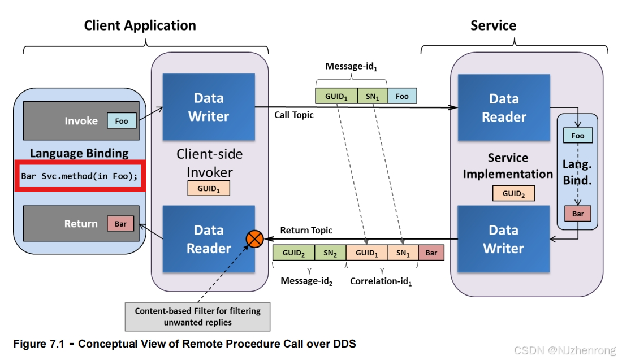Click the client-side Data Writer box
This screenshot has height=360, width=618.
(x=209, y=107)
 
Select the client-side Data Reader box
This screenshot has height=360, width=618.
(x=209, y=239)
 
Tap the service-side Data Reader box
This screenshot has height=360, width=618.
(x=503, y=107)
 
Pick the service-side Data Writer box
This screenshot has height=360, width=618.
(x=503, y=239)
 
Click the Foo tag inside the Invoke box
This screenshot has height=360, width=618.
(x=122, y=121)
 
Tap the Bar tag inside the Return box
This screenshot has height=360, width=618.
(x=120, y=224)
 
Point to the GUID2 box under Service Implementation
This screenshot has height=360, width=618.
(x=513, y=194)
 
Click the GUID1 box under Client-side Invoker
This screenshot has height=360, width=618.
(x=209, y=189)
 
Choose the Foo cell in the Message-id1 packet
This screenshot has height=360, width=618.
(x=402, y=96)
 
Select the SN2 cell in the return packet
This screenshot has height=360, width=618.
(x=330, y=253)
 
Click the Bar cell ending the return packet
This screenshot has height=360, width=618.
(x=431, y=253)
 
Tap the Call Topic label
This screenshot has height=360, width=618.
(x=294, y=115)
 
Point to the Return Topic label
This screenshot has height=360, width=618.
(x=306, y=230)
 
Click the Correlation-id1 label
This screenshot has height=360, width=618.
(x=381, y=280)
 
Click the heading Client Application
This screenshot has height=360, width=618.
(x=140, y=25)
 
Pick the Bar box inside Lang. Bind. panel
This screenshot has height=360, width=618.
(x=578, y=214)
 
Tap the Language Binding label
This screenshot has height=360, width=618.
(x=79, y=153)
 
